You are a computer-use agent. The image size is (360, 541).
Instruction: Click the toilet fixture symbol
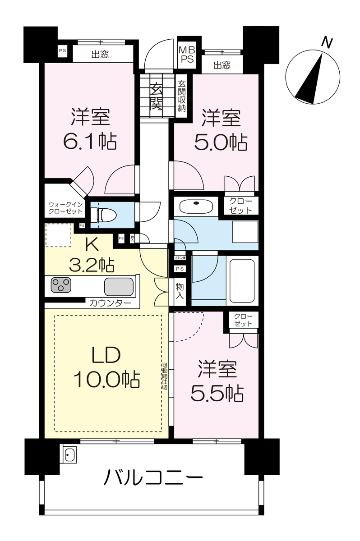click(x=104, y=215)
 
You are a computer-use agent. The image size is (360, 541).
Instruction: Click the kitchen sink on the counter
click(x=119, y=287)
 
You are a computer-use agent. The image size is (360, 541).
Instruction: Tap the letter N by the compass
click(x=327, y=42)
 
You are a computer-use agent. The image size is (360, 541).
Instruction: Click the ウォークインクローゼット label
click(x=65, y=208)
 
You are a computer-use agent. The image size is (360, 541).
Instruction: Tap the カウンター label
click(x=110, y=303)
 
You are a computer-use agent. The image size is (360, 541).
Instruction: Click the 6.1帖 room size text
click(x=90, y=141)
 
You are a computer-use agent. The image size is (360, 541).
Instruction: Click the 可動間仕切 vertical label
click(x=165, y=376)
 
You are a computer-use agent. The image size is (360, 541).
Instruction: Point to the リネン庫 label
click(x=180, y=258)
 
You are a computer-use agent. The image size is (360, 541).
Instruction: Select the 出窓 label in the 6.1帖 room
click(x=100, y=55)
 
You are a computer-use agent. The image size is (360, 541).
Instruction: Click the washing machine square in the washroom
click(x=245, y=232)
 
